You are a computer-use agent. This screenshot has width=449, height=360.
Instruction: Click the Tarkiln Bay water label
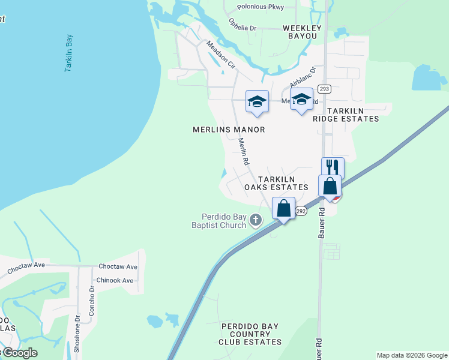[69, 53]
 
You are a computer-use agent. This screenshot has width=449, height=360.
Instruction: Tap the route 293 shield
[325, 89]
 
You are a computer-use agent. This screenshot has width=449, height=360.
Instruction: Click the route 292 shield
[301, 212]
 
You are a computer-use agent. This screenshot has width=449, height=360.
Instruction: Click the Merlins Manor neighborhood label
[229, 130]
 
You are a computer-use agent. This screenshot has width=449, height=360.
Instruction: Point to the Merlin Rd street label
[243, 152]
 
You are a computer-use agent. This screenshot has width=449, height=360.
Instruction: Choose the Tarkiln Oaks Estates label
[276, 183]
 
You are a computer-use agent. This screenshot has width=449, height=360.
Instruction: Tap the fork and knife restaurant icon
[333, 167]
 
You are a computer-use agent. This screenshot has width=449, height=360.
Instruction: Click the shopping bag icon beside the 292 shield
[284, 208]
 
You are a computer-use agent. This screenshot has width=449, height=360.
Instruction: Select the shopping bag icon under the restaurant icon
[330, 185]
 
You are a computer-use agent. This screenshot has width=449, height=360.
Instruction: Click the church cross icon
[256, 220]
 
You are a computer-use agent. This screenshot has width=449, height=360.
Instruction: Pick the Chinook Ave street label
[115, 280]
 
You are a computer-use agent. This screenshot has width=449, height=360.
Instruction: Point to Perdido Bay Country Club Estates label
[250, 334]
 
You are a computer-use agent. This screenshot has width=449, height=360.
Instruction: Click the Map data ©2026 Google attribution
[412, 355]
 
